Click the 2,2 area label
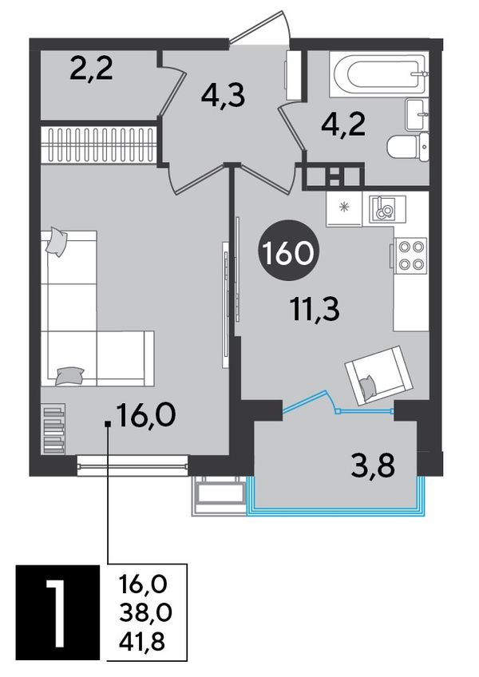point(91,69)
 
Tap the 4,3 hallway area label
point(223,95)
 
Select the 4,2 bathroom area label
point(344,125)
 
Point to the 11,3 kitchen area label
point(315,309)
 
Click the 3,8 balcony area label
point(373,466)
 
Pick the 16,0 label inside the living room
point(145,414)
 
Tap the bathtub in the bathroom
point(378,73)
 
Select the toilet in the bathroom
point(408,147)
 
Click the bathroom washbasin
point(417,114)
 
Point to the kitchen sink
point(387,209)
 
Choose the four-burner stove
point(410,255)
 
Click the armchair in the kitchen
point(378,374)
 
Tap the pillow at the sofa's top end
point(56,242)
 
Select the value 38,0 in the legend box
point(145,612)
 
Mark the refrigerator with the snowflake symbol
point(344,208)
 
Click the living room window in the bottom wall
point(133,465)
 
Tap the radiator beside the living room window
point(54,428)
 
